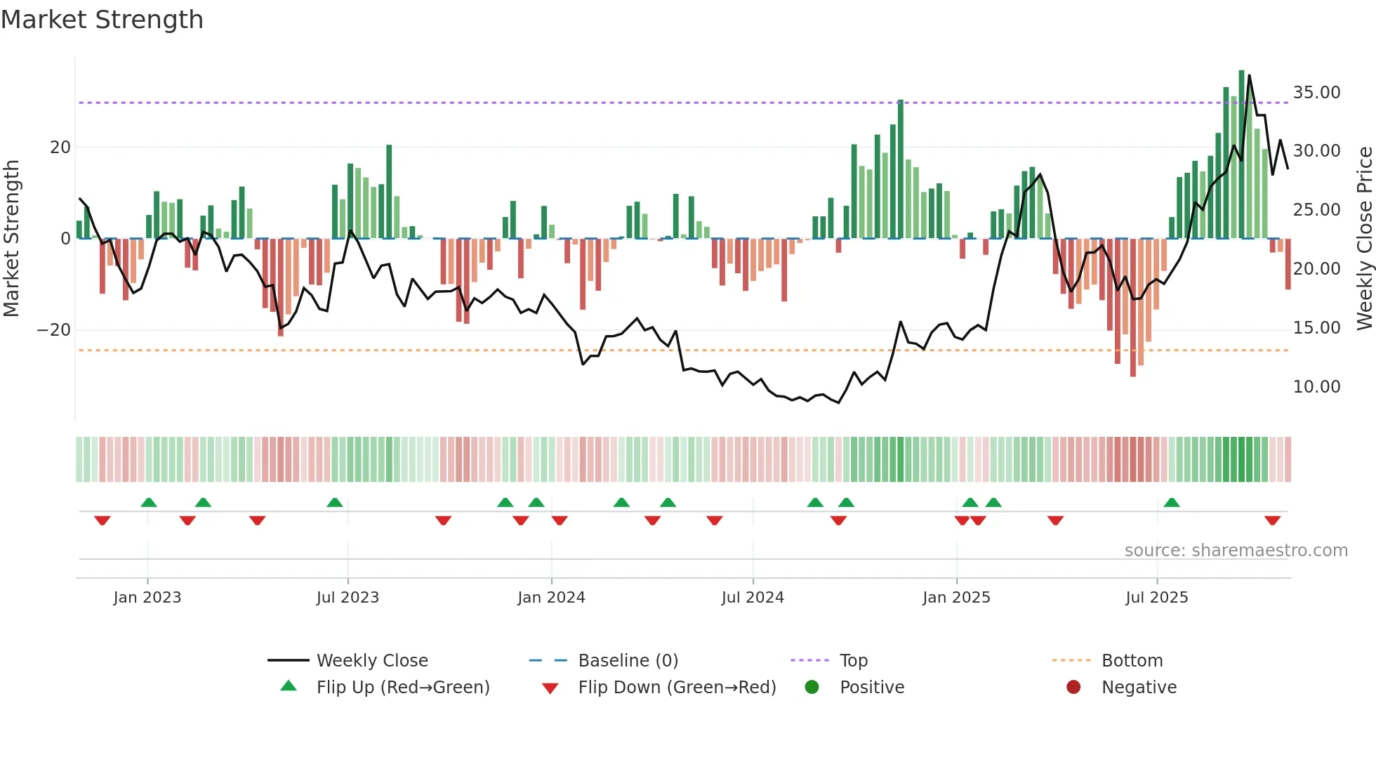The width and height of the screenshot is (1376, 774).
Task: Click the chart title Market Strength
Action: [102, 20]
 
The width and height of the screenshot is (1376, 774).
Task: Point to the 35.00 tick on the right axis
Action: [1316, 93]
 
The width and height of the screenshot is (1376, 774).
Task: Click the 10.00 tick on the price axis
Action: [1316, 387]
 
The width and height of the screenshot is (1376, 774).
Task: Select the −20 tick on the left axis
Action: [54, 330]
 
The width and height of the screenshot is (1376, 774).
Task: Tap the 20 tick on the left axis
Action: [60, 147]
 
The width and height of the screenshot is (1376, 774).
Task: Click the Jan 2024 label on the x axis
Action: [551, 598]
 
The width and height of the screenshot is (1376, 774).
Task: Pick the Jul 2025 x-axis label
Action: [1156, 598]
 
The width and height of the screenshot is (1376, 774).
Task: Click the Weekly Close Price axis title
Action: [1364, 239]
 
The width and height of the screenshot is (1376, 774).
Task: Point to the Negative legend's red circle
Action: [1073, 687]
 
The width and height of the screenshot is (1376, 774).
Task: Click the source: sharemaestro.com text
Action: [1236, 551]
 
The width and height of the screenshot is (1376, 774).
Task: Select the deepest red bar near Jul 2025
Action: [1133, 309]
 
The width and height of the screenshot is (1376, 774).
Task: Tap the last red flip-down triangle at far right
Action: [1272, 520]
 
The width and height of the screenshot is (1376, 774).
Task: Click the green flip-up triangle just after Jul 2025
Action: [1171, 502]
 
